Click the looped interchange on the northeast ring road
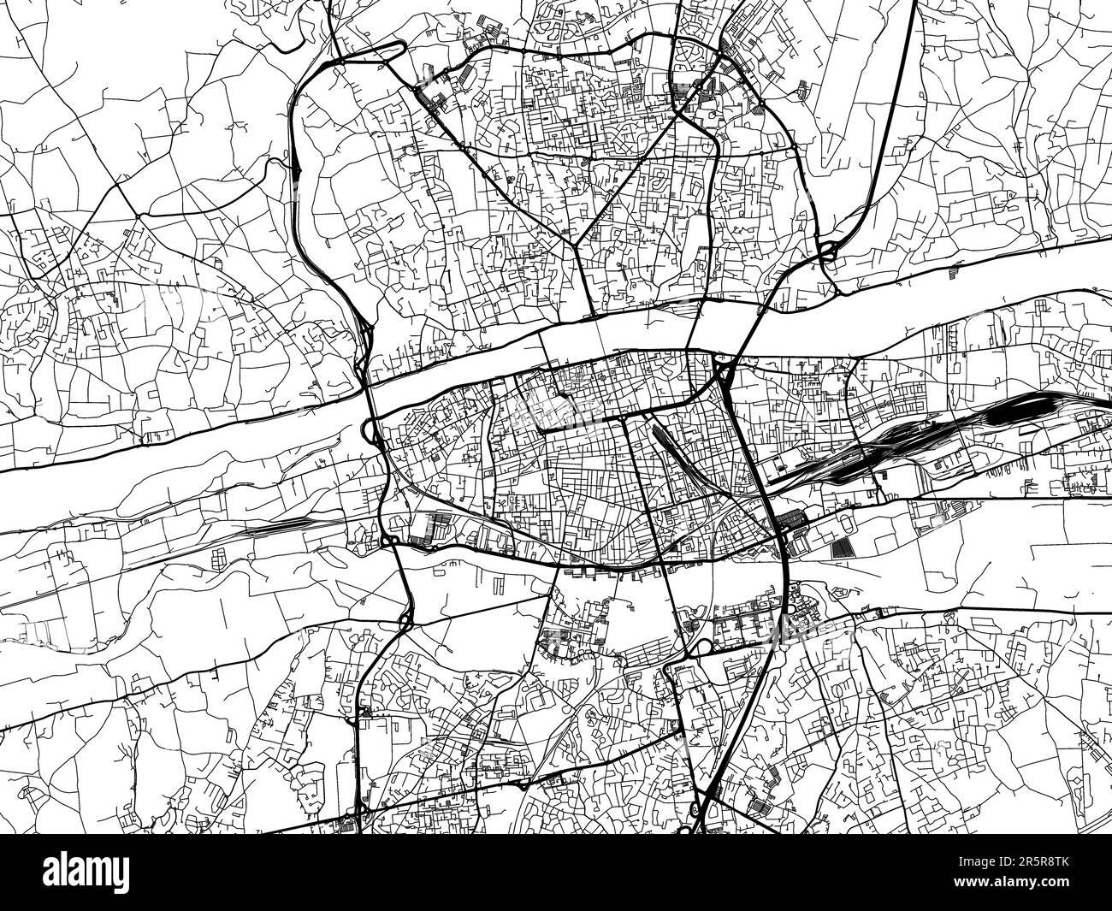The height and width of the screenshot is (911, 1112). click(x=826, y=251)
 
